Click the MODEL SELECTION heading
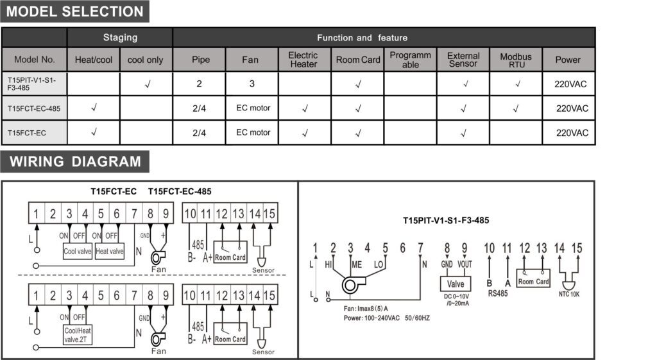[x=75, y=12]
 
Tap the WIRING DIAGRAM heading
[x=75, y=161]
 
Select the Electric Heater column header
[x=303, y=60]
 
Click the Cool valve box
[x=77, y=252]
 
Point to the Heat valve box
[x=109, y=252]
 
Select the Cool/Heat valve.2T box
[x=76, y=335]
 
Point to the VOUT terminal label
[x=465, y=264]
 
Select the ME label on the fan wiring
[x=357, y=264]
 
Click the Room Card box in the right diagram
[x=533, y=280]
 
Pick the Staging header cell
[x=120, y=38]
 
